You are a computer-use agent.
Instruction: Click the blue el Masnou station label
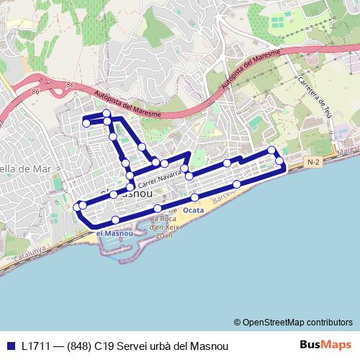(114, 233)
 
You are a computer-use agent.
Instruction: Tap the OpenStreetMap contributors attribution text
(292, 322)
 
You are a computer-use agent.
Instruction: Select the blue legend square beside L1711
(10, 346)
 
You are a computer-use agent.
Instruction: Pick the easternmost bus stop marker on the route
(279, 160)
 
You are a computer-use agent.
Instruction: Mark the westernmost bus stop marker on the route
(77, 207)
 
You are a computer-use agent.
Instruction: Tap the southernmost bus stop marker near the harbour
(116, 220)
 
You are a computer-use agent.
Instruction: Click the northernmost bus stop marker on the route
(107, 114)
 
